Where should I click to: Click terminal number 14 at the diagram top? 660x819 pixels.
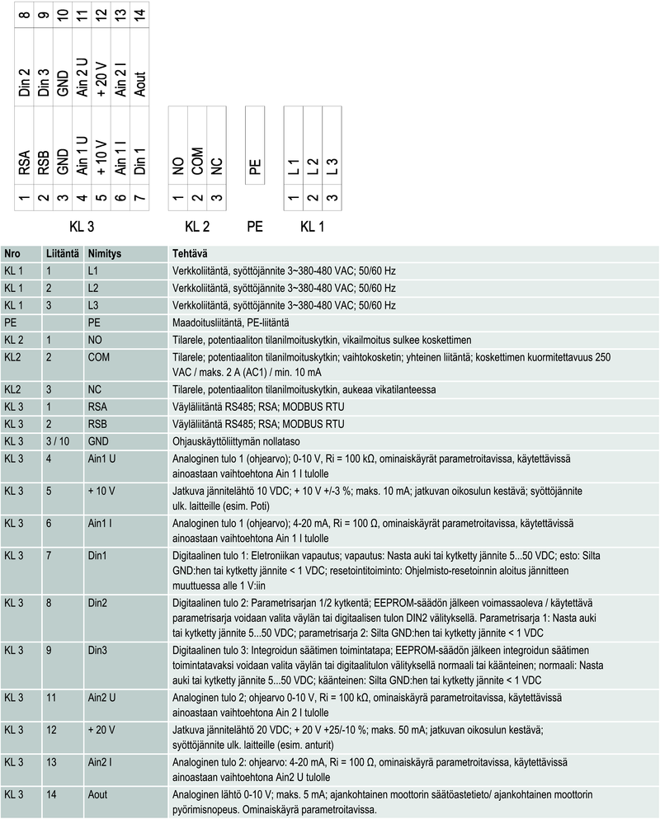coord(139,15)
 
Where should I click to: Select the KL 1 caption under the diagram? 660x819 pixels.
coord(312,225)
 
